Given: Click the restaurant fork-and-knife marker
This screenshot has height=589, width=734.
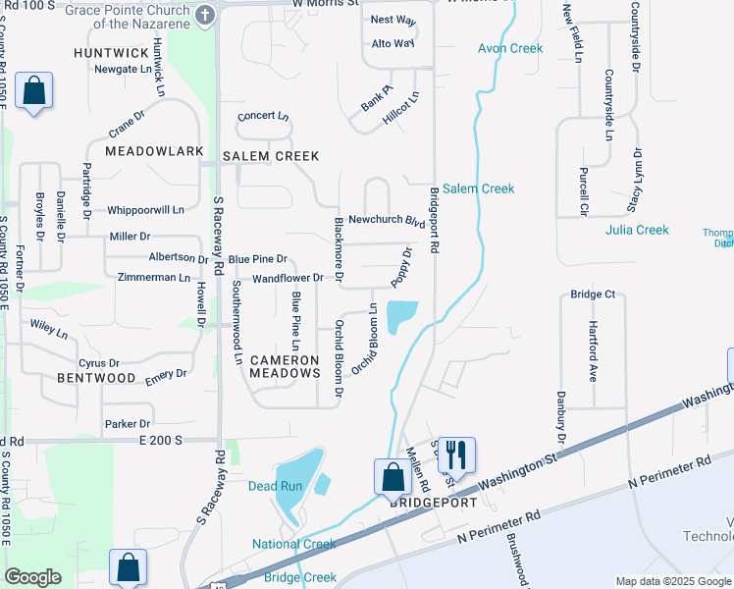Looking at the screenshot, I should click(x=456, y=455).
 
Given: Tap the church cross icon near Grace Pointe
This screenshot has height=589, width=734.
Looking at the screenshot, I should click(x=205, y=16).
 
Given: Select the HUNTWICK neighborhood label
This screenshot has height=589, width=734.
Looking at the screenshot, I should click(x=110, y=52).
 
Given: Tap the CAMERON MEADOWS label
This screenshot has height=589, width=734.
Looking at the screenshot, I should click(x=285, y=366).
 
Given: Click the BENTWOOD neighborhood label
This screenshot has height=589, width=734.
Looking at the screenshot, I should click(x=95, y=378).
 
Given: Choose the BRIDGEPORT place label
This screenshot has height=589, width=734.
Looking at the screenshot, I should click(x=434, y=503).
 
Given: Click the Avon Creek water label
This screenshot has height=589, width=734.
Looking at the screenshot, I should click(x=510, y=48).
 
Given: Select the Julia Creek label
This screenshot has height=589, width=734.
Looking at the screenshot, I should click(x=637, y=230).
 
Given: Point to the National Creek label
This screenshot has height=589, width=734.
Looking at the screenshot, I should click(x=294, y=544).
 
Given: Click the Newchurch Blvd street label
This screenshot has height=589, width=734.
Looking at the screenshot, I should click(x=387, y=221).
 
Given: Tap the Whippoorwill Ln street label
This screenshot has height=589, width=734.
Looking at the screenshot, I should click(x=145, y=210).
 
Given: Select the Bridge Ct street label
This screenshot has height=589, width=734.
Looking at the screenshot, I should click(x=593, y=294).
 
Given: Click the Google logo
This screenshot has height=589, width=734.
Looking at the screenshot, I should click(x=32, y=577).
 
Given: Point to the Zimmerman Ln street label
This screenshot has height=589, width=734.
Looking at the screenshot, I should click(x=154, y=278).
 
